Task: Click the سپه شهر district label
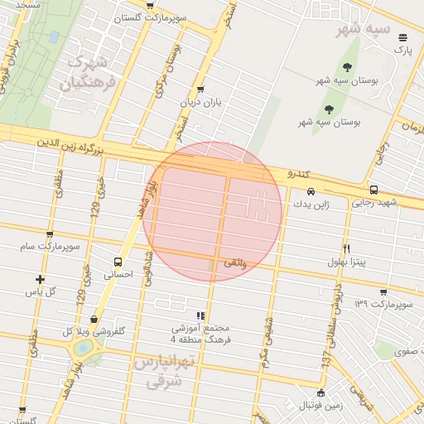362,31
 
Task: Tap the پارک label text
402,51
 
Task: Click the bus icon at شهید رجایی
373,189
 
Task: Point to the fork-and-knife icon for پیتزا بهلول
346,248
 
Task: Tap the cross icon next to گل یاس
40,279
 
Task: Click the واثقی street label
233,263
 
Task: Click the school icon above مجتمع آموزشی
200,316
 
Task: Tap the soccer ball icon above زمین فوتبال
320,392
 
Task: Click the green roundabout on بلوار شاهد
83,348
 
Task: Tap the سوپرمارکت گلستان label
149,17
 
